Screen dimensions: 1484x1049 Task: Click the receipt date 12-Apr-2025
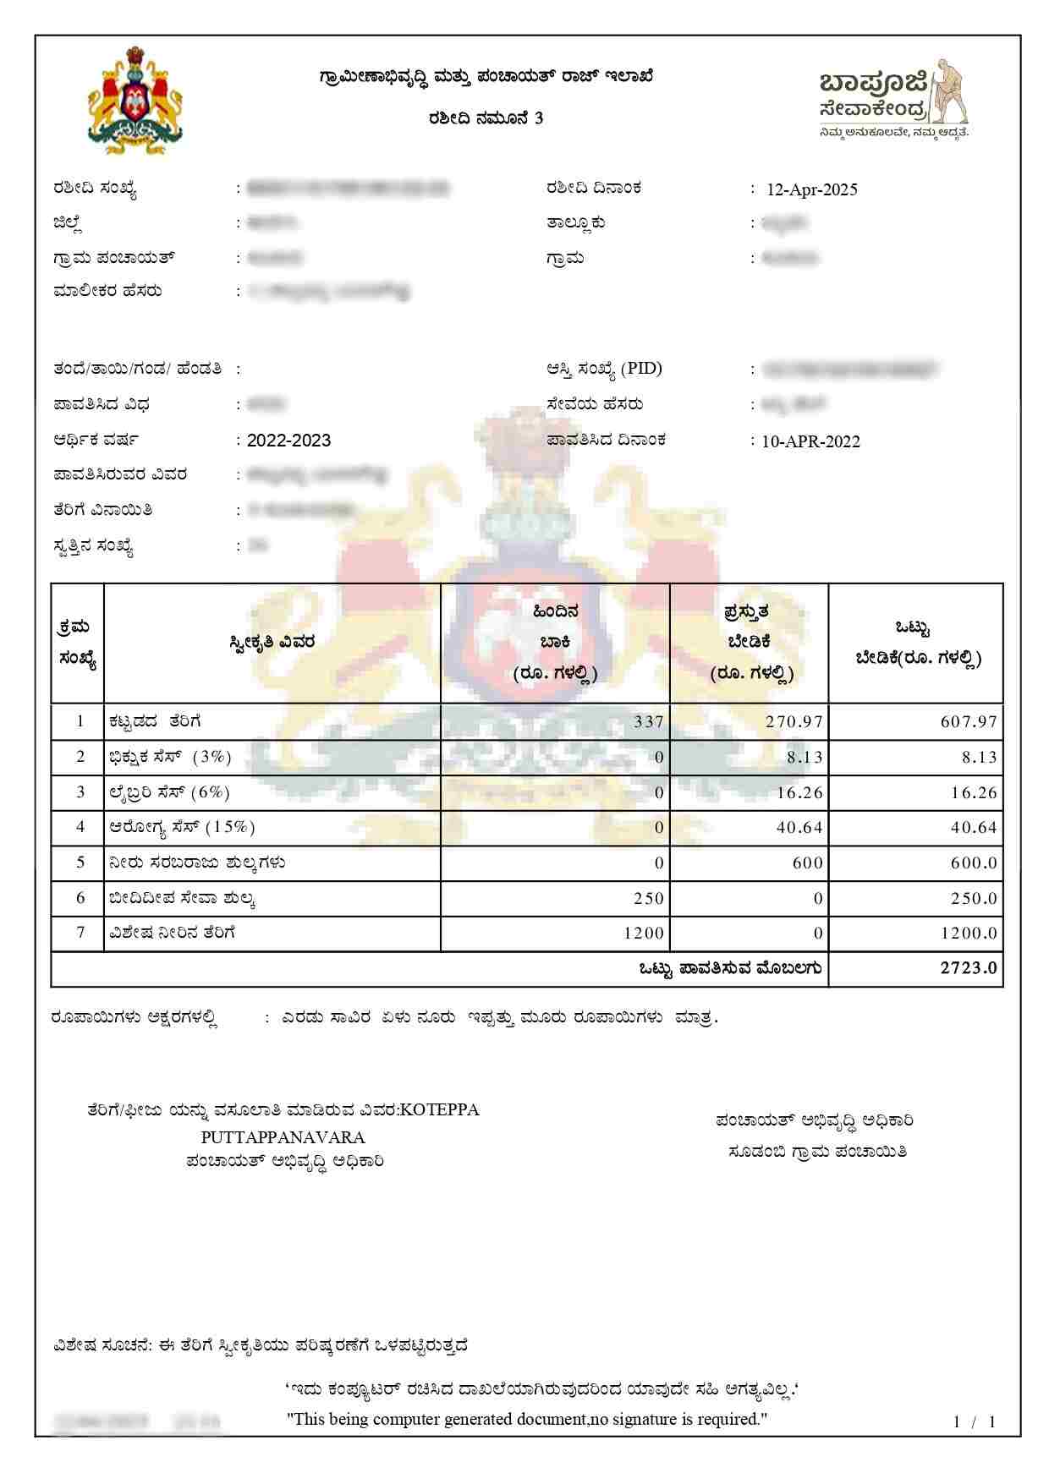click(811, 189)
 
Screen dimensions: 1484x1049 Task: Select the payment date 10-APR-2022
click(810, 441)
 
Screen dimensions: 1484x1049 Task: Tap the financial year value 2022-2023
click(288, 441)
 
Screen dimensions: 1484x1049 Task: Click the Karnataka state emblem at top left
click(135, 101)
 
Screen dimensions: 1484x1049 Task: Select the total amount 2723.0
click(969, 968)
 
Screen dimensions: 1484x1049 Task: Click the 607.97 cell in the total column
click(969, 722)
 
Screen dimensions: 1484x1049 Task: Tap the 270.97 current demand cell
click(794, 722)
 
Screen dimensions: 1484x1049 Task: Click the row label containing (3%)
click(170, 757)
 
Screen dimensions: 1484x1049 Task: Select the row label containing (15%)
click(182, 827)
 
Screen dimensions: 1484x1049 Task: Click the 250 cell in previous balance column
click(649, 898)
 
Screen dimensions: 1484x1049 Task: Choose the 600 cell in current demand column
click(808, 862)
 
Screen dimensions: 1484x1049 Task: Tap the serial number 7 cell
click(80, 933)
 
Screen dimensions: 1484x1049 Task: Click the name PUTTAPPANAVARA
click(283, 1137)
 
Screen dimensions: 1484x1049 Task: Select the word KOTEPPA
click(439, 1110)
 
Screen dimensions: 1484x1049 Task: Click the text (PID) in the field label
click(642, 369)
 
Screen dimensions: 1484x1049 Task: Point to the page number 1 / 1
click(975, 1422)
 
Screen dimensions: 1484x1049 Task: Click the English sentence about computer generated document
click(527, 1420)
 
